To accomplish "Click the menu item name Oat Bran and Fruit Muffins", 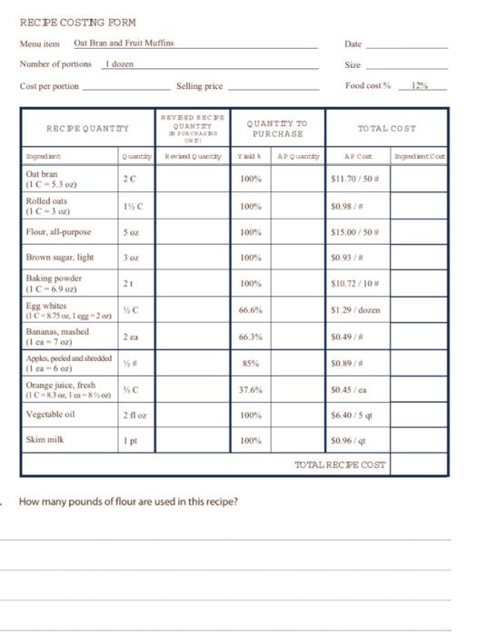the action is coord(124,44).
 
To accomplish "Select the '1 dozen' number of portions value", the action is coord(120,64).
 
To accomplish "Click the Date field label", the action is coord(353,44).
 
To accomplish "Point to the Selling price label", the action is coord(201,86).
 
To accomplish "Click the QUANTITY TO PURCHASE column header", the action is coord(277,129).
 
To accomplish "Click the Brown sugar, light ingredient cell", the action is coord(60,258).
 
